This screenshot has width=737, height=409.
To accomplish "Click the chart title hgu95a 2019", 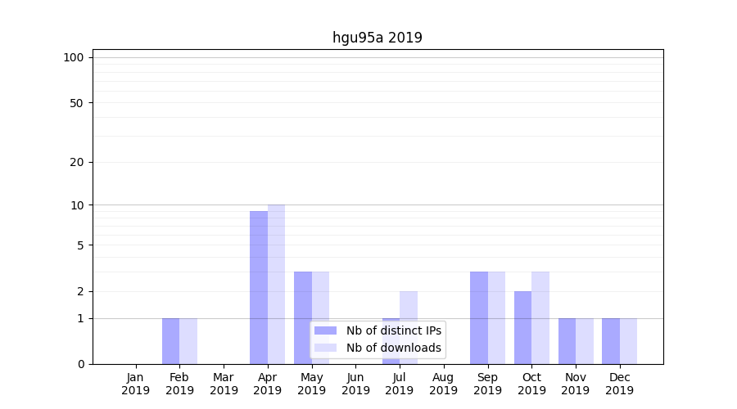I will click(x=377, y=38).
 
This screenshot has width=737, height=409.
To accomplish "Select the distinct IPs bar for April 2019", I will click(x=259, y=287).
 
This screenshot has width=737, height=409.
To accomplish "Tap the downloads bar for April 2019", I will click(x=276, y=284).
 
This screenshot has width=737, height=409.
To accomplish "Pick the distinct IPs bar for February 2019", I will click(x=170, y=341).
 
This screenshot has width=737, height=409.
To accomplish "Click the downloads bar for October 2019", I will click(x=540, y=317).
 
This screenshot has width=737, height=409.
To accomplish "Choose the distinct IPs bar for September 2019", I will click(x=478, y=317).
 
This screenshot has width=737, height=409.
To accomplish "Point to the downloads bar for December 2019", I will click(x=628, y=341).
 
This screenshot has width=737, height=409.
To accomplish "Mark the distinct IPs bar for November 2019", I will click(x=567, y=341).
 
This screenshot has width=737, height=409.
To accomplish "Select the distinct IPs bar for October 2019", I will click(x=522, y=327).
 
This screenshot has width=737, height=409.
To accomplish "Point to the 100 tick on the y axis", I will click(x=74, y=57).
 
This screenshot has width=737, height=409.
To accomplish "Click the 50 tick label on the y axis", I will click(x=77, y=103).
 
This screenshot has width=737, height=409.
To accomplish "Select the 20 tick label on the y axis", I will click(x=77, y=162).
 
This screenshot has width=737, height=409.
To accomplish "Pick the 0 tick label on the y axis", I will click(x=80, y=364).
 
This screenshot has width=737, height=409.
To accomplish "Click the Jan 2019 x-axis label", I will click(x=136, y=384).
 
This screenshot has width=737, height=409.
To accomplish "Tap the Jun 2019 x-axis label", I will click(x=355, y=384).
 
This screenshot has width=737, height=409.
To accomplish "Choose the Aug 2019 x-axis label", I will click(x=443, y=384).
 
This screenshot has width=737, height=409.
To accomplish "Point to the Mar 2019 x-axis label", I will click(x=224, y=384).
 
